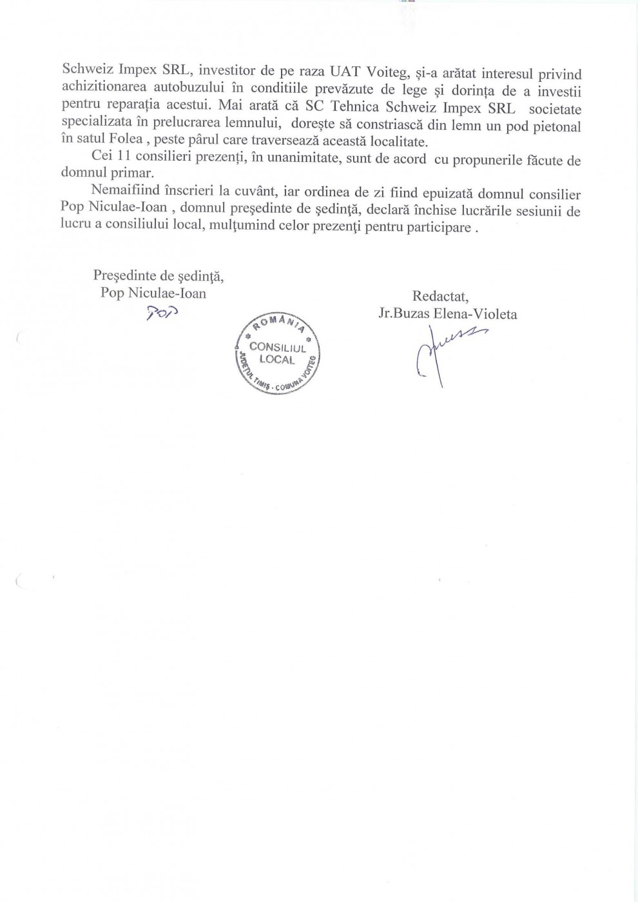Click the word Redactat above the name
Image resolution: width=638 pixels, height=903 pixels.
pos(440,297)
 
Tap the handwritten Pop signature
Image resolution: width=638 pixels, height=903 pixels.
pos(161,314)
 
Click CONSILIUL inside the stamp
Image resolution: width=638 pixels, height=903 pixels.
pos(277,348)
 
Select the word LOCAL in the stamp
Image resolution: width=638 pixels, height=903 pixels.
pos(277,360)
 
